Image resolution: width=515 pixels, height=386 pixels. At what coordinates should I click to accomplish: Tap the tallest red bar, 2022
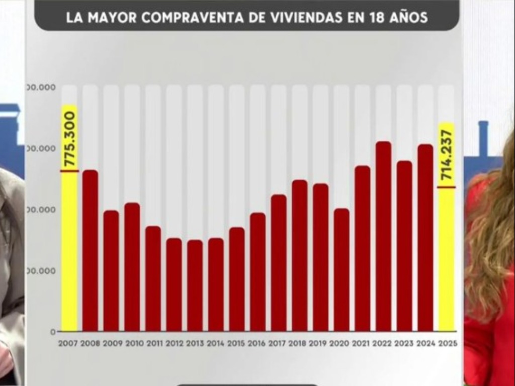point(383,236)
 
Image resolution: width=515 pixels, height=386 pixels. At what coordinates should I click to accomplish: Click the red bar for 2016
point(257,272)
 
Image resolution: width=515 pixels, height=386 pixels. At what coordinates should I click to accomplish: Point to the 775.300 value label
point(70,139)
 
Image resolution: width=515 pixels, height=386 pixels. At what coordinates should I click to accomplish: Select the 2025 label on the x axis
point(447,344)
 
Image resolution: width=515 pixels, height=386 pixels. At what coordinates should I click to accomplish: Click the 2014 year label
point(216,344)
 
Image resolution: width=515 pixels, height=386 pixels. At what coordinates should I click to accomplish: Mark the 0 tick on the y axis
point(53,332)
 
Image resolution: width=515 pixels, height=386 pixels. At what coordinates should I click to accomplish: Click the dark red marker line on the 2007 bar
point(70,171)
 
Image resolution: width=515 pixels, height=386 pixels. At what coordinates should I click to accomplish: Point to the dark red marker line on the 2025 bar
point(447,187)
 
